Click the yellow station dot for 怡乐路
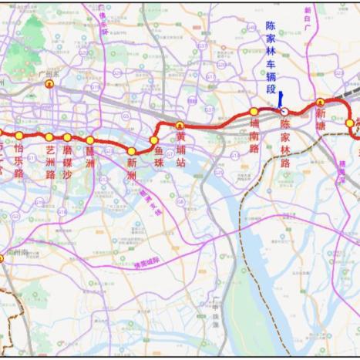[x=19, y=136]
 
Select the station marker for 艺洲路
[x=49, y=137]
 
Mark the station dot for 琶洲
[x=90, y=140]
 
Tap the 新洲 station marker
[x=132, y=151]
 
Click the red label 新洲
[x=132, y=170]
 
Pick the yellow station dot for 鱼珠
[x=154, y=140]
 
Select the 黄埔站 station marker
[x=180, y=125]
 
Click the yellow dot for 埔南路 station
[x=254, y=113]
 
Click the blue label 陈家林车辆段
[x=271, y=58]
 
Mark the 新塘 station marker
[x=321, y=103]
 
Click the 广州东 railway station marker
[x=51, y=86]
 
